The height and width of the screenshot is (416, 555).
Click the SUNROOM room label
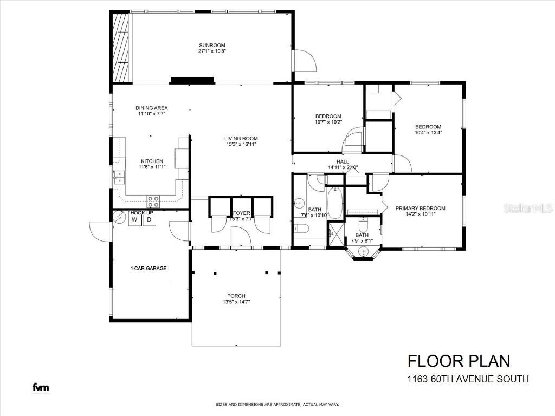click(x=211, y=45)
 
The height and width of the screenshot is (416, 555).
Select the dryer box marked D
click(x=149, y=220)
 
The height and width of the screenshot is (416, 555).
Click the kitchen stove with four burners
click(x=154, y=201)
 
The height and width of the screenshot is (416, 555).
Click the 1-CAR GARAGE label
click(x=148, y=268)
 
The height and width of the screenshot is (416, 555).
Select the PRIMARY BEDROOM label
click(x=420, y=208)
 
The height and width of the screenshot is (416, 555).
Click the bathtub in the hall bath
click(x=334, y=204)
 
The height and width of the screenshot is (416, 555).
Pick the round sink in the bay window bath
click(x=363, y=251)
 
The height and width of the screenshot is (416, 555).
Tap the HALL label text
click(x=343, y=161)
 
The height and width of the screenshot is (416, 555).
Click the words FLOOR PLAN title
click(x=459, y=361)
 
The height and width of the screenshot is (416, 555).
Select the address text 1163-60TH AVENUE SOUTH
click(x=468, y=379)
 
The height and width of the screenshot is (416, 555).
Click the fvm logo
click(x=40, y=387)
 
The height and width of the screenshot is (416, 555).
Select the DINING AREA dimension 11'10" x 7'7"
click(x=151, y=114)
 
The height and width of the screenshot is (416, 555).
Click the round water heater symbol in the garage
click(x=119, y=217)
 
